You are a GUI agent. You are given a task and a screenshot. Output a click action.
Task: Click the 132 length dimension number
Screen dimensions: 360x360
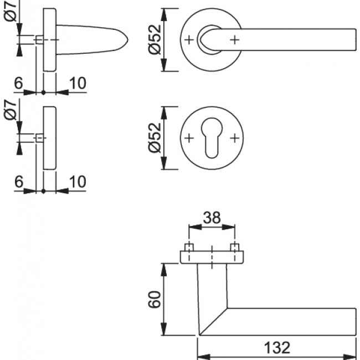(x=276, y=348)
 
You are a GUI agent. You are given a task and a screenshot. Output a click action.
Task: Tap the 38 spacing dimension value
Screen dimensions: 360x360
(x=212, y=218)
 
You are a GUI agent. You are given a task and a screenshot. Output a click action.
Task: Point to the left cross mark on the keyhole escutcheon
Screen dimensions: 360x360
(x=189, y=137)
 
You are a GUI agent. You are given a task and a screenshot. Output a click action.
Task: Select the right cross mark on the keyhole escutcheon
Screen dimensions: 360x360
(x=235, y=137)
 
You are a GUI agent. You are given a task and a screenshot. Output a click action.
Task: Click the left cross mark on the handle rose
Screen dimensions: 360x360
(x=189, y=39)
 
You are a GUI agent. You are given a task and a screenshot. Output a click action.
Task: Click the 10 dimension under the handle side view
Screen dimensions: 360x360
(x=78, y=83)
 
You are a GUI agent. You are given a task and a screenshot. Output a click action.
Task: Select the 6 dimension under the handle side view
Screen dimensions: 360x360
(x=18, y=83)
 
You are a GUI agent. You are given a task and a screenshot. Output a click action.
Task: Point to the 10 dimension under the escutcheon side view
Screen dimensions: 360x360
(x=78, y=181)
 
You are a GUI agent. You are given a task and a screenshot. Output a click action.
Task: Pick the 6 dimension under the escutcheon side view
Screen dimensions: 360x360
(x=18, y=181)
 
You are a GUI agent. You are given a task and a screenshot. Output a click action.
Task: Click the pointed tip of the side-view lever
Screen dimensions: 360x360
(x=128, y=39)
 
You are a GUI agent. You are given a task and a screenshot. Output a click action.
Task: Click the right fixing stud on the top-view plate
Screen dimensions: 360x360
(x=235, y=247)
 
